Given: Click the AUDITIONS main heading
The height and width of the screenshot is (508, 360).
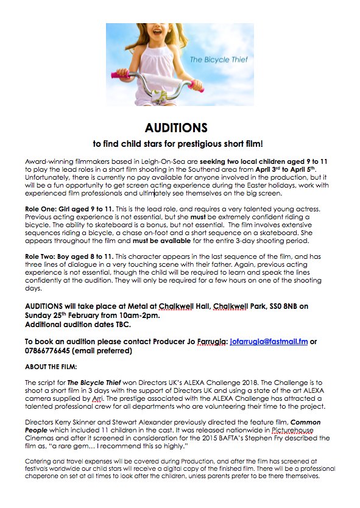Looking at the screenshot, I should coord(176,128).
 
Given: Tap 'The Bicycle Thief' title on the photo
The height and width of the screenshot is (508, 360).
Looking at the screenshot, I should coord(214,59).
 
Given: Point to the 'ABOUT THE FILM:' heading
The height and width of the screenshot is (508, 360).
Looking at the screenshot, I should coord(51,367).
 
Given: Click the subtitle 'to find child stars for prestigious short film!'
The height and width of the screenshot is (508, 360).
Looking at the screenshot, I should coord(177,144).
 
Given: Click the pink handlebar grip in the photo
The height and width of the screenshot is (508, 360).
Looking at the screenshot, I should coord(119,74).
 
